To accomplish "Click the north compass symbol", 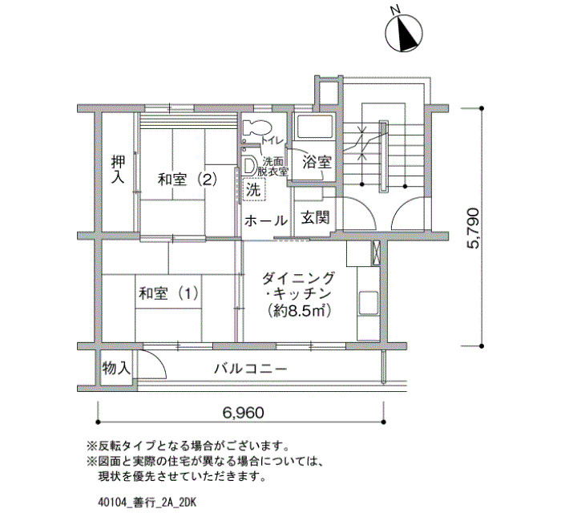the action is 404,33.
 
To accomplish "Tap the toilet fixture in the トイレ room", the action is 257,127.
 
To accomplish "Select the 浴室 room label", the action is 317,163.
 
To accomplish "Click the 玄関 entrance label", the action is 315,217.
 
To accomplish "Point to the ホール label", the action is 266,220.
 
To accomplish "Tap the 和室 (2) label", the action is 188,180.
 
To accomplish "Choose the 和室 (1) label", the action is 168,294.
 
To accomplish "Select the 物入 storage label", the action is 116,367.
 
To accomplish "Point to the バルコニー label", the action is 250,368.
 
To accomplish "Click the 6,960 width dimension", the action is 244,413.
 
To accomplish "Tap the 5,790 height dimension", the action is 472,228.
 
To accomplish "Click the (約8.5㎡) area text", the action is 298,311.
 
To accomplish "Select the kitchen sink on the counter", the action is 368,302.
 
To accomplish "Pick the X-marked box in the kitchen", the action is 376,253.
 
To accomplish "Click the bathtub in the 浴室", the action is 314,127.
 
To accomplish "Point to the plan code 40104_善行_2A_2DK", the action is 147,503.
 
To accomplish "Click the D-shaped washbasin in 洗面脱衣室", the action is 248,167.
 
